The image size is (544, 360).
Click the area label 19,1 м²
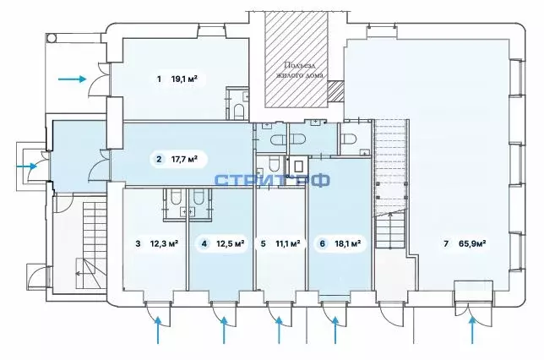184,79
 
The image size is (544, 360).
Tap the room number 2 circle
158,158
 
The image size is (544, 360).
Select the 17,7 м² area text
184,158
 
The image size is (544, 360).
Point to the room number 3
138,244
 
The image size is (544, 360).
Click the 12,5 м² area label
231,244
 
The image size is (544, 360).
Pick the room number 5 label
264,244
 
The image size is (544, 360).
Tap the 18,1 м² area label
348,244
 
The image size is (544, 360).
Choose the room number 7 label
446,244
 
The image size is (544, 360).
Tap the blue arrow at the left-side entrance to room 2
29,166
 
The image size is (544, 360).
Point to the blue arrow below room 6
335,331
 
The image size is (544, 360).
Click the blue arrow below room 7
473,331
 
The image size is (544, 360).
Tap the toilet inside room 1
239,111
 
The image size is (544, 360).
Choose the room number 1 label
158,79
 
